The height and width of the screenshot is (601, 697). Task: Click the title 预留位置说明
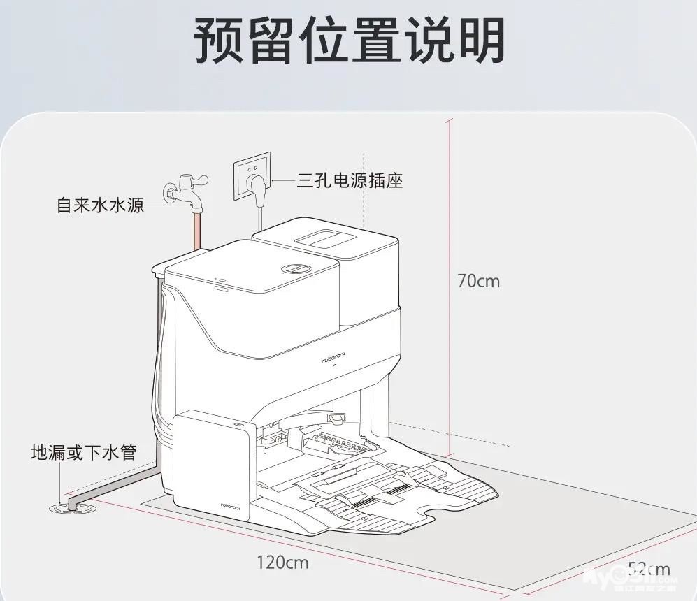[348, 40]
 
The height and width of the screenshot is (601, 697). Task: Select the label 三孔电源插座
[350, 181]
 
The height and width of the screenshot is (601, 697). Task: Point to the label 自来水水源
[100, 206]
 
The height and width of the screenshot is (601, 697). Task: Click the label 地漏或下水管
[82, 452]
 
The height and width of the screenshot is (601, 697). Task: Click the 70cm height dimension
[478, 281]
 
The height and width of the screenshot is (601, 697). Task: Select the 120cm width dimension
[282, 561]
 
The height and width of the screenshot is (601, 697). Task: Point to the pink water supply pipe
[198, 230]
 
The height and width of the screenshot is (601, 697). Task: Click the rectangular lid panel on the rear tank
[329, 236]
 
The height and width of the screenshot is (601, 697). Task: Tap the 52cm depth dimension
[648, 570]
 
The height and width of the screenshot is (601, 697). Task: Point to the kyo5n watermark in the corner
[629, 576]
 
